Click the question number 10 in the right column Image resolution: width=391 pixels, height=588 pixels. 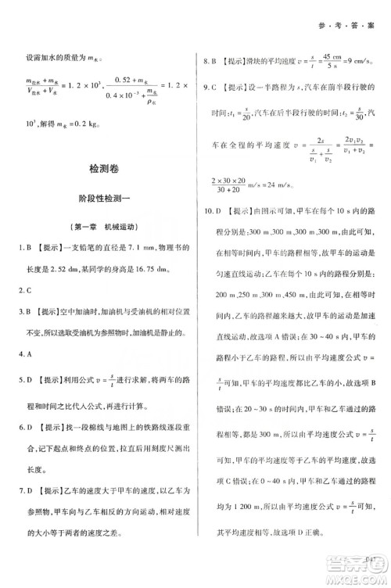click(x=207, y=232)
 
